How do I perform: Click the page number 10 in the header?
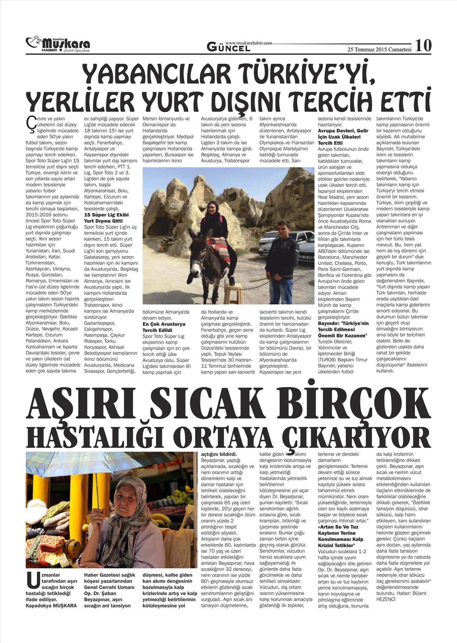coord(423,46)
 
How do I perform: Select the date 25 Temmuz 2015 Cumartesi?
coord(380,49)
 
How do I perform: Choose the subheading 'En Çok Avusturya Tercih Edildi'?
coord(165,327)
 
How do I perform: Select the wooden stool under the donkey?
coord(232,293)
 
